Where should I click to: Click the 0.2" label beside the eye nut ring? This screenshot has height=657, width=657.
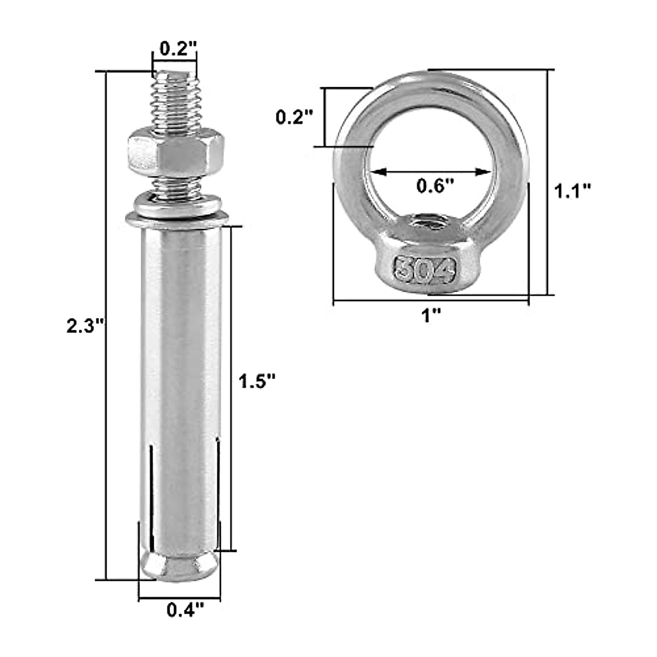coord(294,117)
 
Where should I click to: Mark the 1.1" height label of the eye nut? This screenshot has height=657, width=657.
coord(573,191)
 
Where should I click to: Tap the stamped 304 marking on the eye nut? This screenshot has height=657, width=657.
coord(424,268)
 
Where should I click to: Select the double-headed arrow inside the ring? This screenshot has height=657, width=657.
coord(430,172)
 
